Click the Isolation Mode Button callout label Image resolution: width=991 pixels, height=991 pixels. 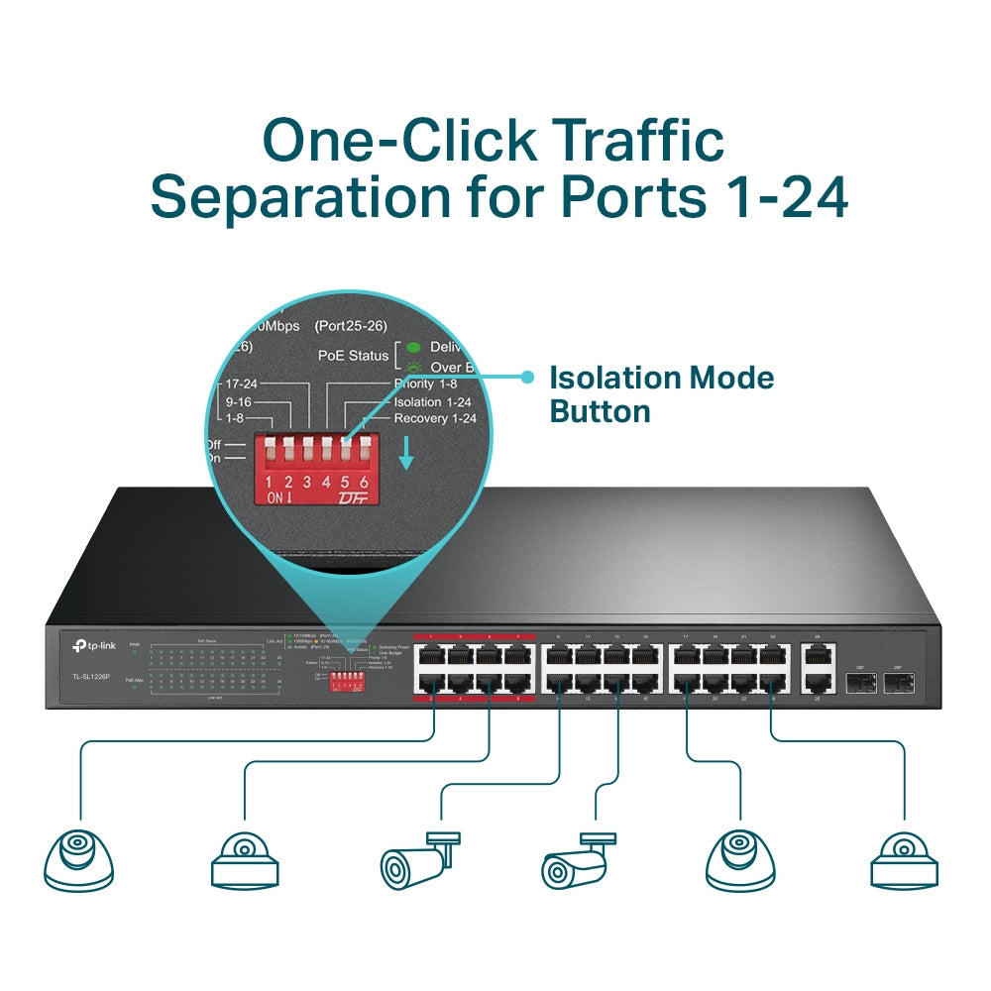(661, 393)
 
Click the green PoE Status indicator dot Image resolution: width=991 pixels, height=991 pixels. (412, 348)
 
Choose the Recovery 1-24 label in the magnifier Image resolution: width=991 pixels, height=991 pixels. (435, 418)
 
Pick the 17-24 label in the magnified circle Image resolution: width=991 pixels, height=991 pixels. (242, 384)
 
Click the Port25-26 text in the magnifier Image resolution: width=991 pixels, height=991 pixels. (350, 325)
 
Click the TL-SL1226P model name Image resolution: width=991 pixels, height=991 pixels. (92, 676)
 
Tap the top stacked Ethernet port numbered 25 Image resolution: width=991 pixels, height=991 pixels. (819, 654)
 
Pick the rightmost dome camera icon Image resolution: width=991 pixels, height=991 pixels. (903, 858)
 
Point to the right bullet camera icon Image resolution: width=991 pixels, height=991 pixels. (581, 860)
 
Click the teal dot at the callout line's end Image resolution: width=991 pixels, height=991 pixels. (528, 377)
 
